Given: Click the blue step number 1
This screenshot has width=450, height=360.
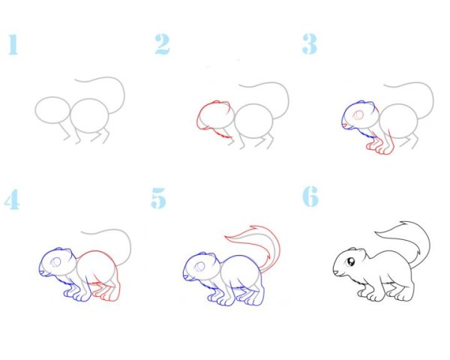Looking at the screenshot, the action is pyautogui.click(x=13, y=44).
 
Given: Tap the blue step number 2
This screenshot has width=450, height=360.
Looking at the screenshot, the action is pyautogui.click(x=163, y=44).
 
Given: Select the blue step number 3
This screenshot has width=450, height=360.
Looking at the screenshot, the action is pyautogui.click(x=310, y=44).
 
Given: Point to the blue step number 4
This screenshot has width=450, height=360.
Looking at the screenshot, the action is pyautogui.click(x=12, y=199).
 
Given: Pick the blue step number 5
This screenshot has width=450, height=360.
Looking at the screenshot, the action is pyautogui.click(x=159, y=198).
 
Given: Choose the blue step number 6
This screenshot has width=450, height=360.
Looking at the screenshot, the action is pyautogui.click(x=310, y=196).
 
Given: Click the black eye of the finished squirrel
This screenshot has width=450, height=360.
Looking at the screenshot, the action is pyautogui.click(x=351, y=262).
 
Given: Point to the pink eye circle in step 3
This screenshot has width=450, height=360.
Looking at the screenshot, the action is pyautogui.click(x=358, y=115).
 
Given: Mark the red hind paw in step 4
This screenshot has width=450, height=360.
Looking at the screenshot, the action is pyautogui.click(x=106, y=293).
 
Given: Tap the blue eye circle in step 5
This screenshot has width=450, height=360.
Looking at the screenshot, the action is pyautogui.click(x=199, y=267).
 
